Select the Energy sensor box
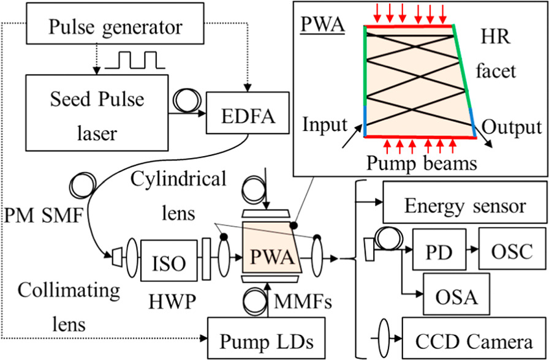tap(464, 204)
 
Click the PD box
tap(436, 250)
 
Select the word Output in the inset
tap(512, 127)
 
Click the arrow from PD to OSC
tap(469, 250)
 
